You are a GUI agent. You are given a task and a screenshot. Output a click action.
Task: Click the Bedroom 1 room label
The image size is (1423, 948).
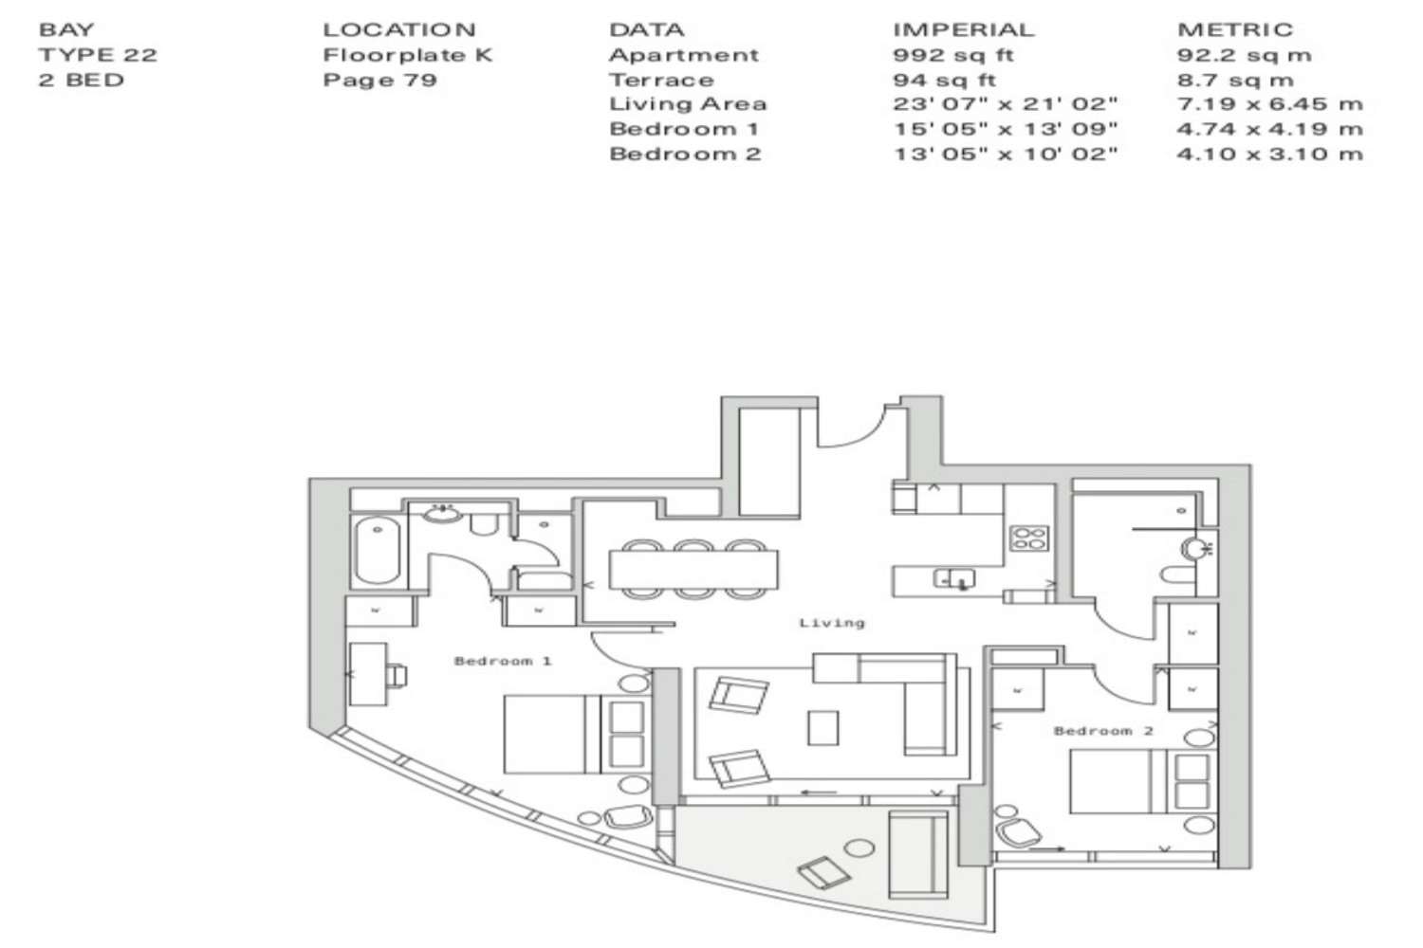click(x=503, y=661)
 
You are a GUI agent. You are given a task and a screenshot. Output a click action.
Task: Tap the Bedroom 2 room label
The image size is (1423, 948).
click(x=1102, y=731)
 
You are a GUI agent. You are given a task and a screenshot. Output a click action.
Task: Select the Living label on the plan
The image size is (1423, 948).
click(x=832, y=623)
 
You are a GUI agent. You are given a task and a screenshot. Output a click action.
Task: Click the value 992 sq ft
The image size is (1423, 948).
click(x=952, y=55)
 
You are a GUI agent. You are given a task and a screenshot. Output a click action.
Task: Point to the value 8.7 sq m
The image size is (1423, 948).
click(x=1235, y=80)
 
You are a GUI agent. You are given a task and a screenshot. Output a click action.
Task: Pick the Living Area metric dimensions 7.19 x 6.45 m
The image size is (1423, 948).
click(x=1270, y=104)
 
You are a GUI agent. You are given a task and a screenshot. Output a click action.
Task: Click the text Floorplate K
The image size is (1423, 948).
click(x=407, y=55)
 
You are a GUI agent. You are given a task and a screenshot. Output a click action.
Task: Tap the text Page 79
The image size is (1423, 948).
click(x=379, y=80)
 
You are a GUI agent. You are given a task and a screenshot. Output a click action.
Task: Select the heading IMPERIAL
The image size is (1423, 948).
click(x=964, y=29)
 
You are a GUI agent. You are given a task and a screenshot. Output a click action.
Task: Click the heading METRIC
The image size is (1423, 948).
click(x=1235, y=29)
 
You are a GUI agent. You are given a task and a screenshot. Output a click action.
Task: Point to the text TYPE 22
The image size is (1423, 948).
click(x=98, y=55)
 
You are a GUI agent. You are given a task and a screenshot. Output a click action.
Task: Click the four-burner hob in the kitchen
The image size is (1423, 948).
click(x=1029, y=538)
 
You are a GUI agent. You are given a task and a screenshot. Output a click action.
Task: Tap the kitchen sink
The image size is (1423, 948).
click(x=953, y=578)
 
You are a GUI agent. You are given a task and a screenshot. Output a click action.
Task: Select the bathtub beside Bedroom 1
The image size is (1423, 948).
click(x=377, y=550)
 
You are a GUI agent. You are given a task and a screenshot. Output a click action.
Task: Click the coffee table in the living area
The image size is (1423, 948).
click(x=822, y=728)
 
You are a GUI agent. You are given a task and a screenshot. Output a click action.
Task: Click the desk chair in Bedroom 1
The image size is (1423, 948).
click(x=397, y=675)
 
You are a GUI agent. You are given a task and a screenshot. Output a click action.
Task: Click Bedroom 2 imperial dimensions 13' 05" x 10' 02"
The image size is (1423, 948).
click(x=1005, y=155)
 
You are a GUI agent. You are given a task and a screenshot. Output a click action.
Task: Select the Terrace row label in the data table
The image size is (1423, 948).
click(x=660, y=80)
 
